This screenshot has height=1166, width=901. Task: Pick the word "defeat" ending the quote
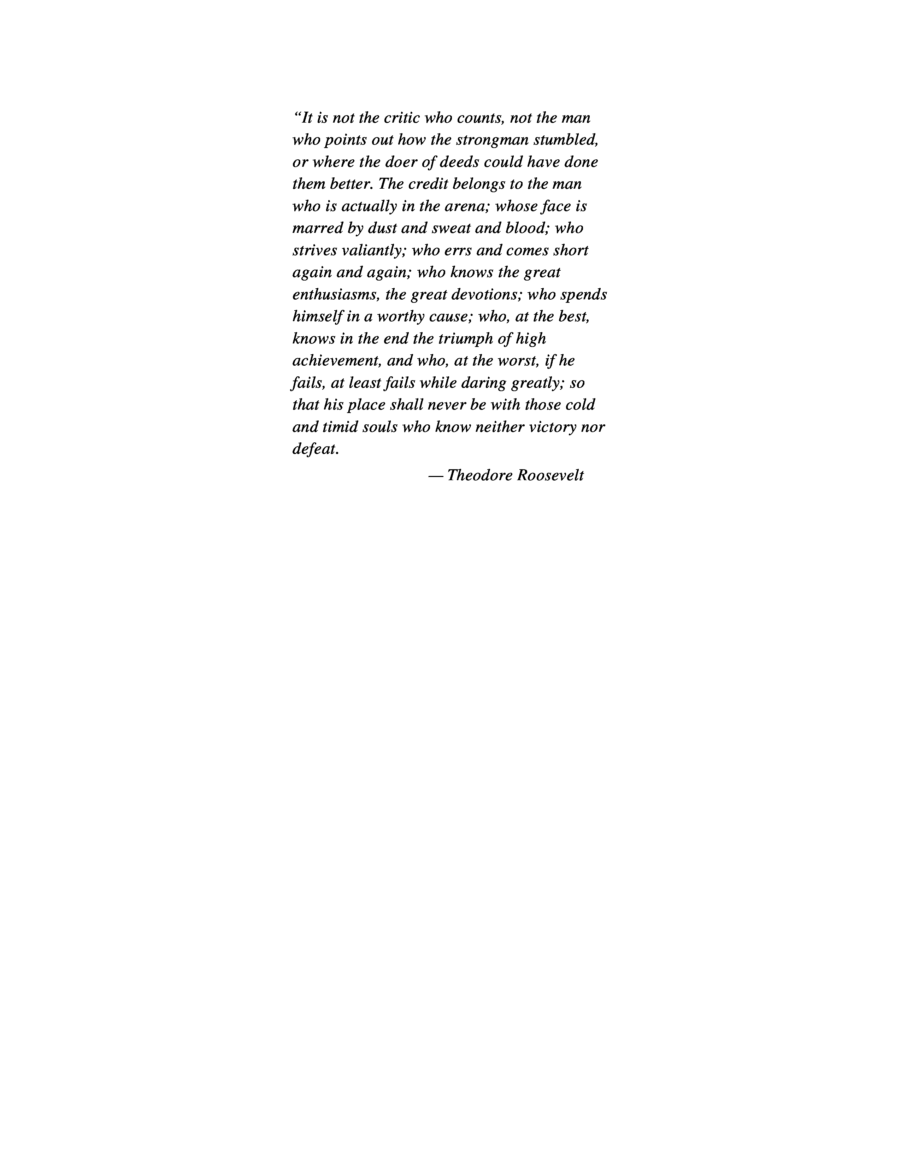click(x=315, y=449)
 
